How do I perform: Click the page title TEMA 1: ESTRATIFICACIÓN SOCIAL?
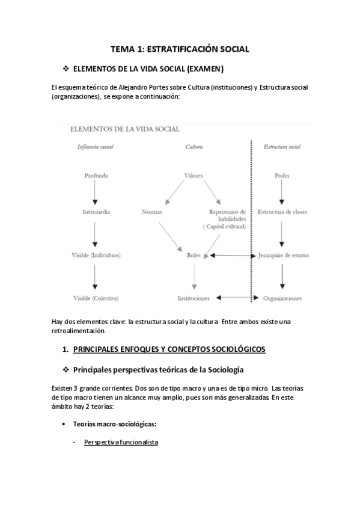(x=180, y=48)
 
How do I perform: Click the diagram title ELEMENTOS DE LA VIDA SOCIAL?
(x=125, y=128)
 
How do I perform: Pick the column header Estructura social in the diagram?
(x=282, y=147)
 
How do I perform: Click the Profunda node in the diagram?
(x=96, y=176)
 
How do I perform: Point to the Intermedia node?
(x=96, y=212)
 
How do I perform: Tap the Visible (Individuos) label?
(x=96, y=255)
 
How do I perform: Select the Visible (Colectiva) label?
(x=96, y=298)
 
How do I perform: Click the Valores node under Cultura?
(x=194, y=176)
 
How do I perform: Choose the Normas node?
(x=153, y=212)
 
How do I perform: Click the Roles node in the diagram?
(x=194, y=255)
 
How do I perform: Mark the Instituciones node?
(x=194, y=298)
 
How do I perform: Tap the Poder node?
(x=282, y=176)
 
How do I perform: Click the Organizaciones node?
(x=282, y=298)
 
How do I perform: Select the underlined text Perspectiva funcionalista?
(x=121, y=442)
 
